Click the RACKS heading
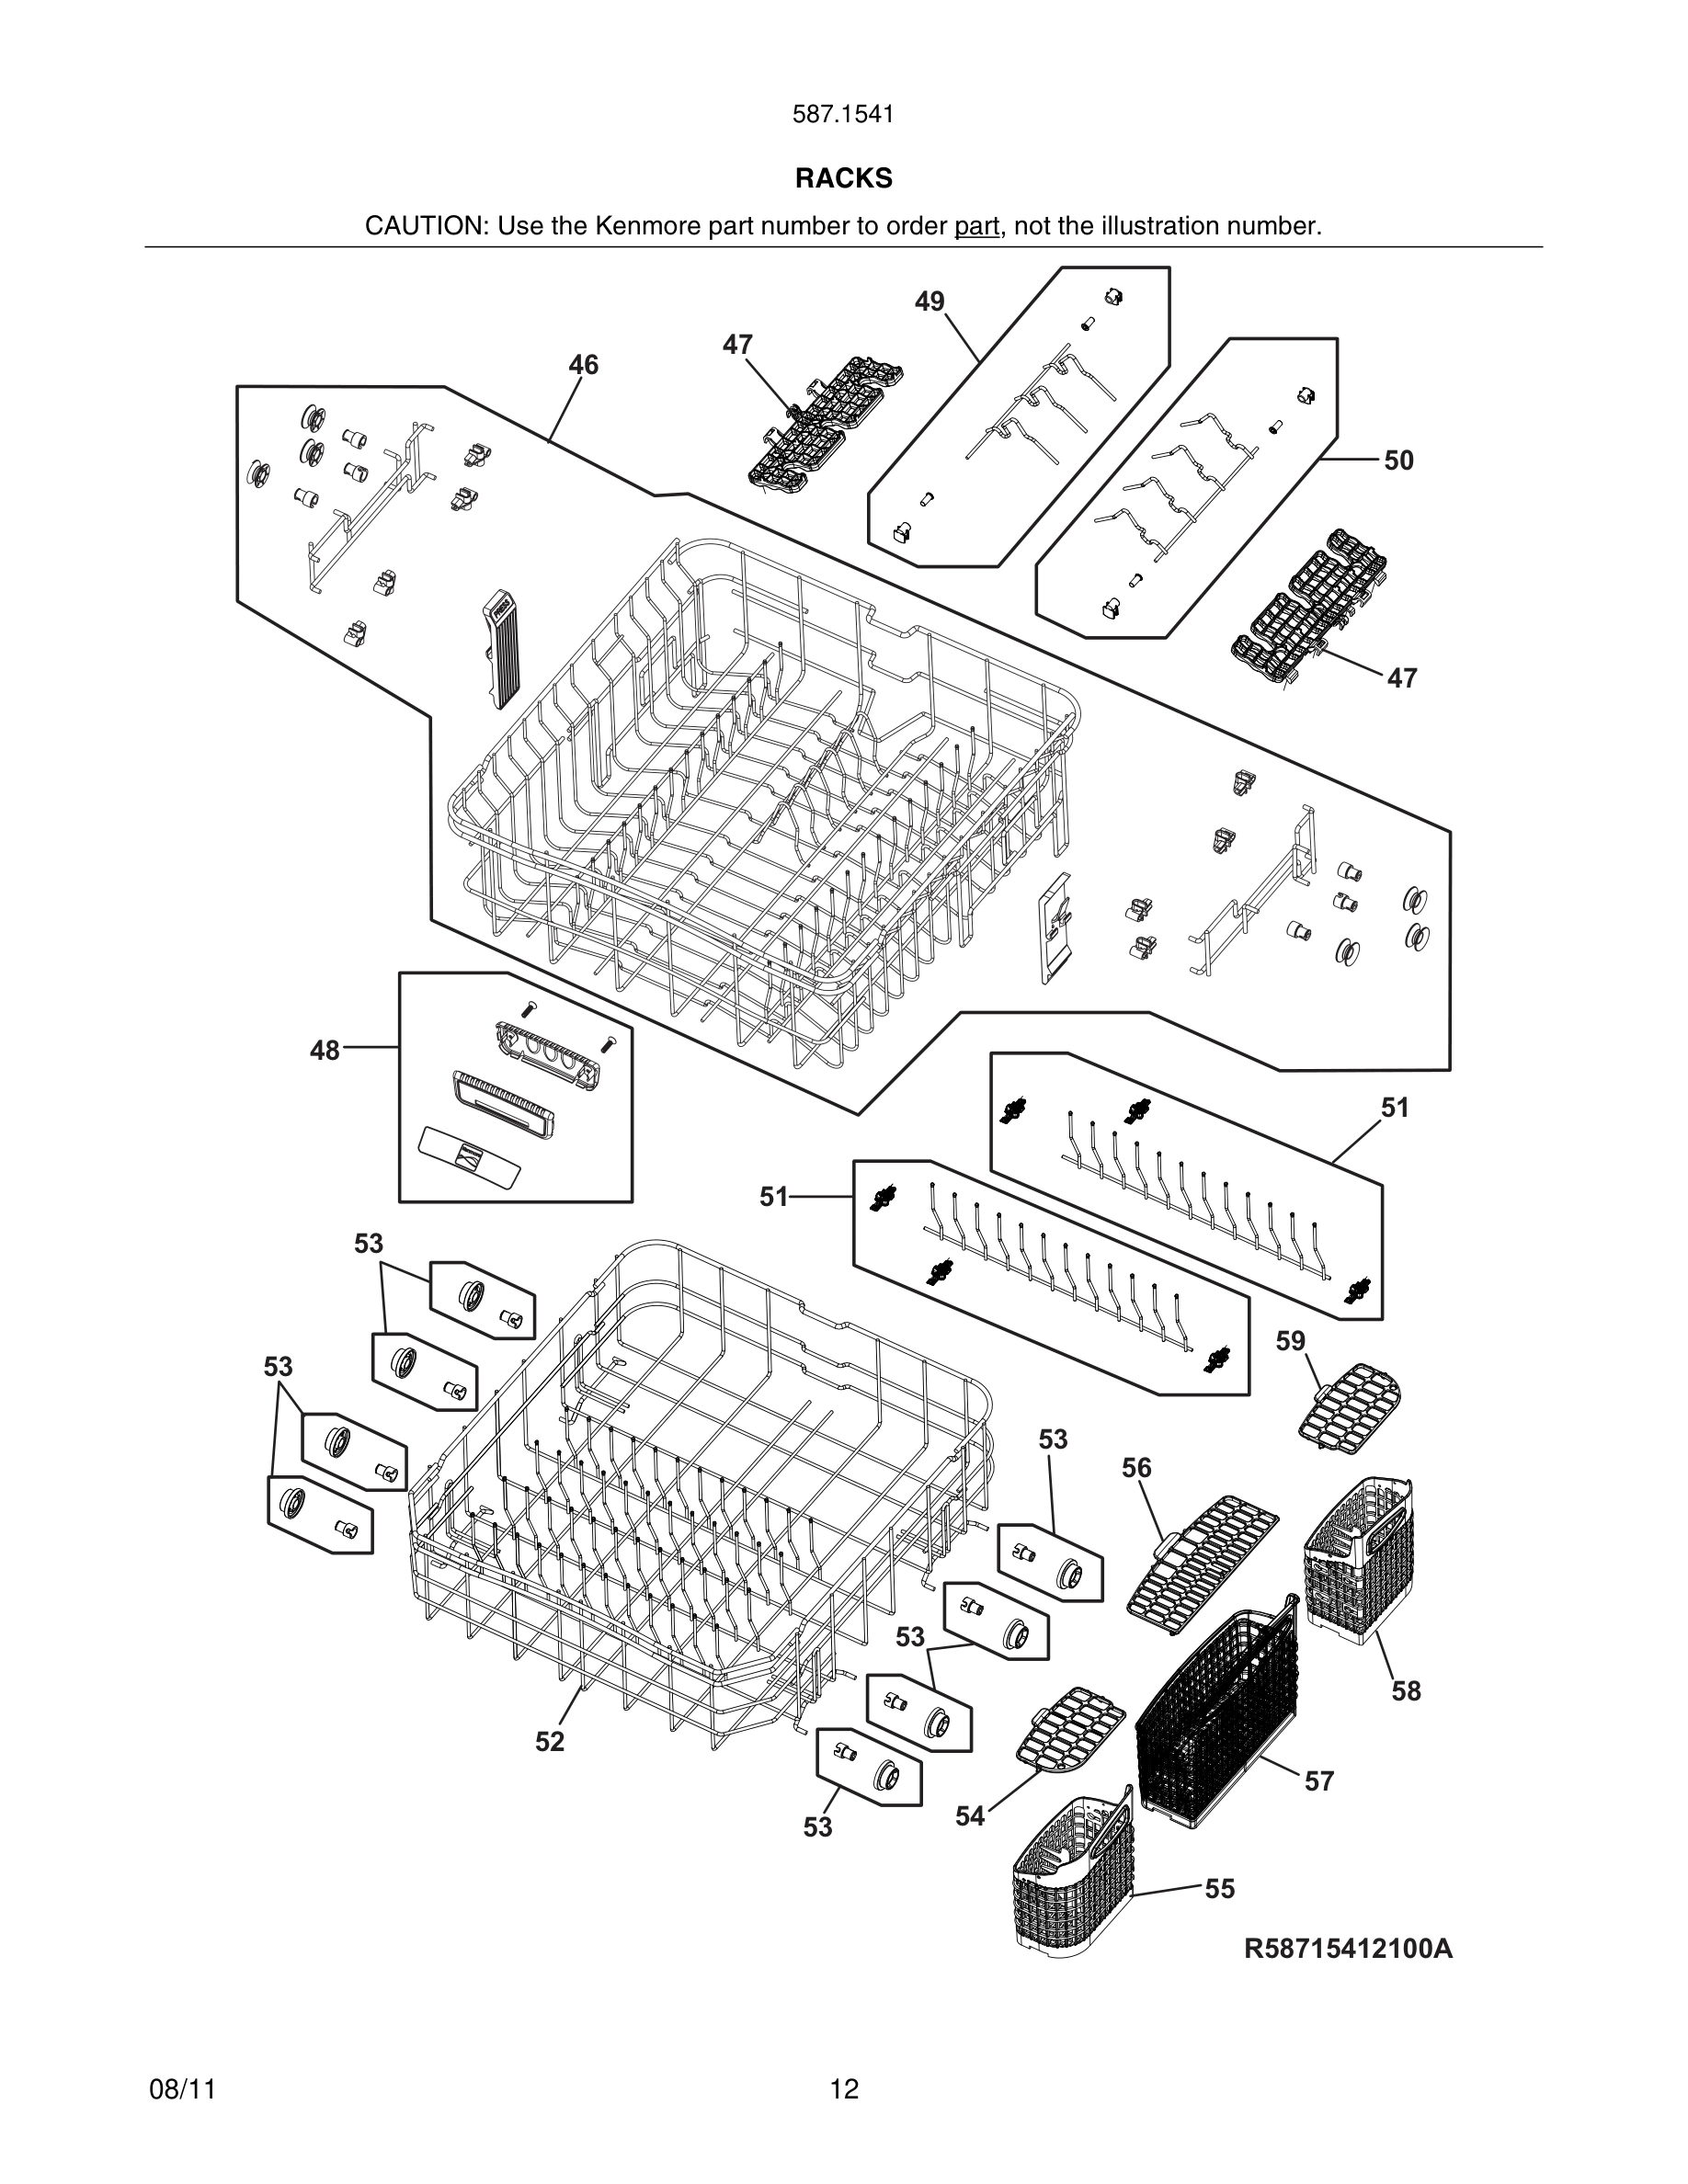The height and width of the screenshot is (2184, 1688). pyautogui.click(x=843, y=178)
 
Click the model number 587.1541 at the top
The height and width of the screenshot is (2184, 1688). pyautogui.click(x=843, y=114)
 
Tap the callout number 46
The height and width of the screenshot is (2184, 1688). pyautogui.click(x=583, y=365)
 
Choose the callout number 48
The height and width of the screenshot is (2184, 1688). pyautogui.click(x=324, y=1050)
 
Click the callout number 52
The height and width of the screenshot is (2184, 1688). pyautogui.click(x=549, y=1741)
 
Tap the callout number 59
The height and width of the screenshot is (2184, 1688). pyautogui.click(x=1290, y=1340)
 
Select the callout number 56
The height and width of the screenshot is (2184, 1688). pyautogui.click(x=1136, y=1467)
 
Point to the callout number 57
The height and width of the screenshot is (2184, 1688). pyautogui.click(x=1319, y=1780)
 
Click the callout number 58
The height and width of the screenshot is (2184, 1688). pyautogui.click(x=1405, y=1690)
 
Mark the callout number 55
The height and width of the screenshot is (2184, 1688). pyautogui.click(x=1219, y=1888)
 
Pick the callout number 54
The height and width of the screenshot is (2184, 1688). pyautogui.click(x=969, y=1816)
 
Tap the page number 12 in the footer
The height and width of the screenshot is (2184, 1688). pyautogui.click(x=843, y=2088)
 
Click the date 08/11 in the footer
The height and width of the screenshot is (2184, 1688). pyautogui.click(x=182, y=2088)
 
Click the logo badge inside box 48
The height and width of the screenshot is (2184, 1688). pyautogui.click(x=470, y=1156)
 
